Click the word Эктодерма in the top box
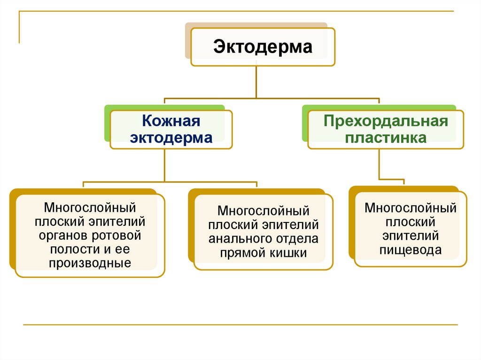pos(263,47)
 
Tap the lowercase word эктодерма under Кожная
pos(171,138)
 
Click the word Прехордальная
pos(385,122)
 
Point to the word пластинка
pos(386,138)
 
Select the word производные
pos(90,263)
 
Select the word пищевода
pos(411,250)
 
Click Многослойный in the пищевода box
pos(411,207)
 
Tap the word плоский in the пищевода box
pos(411,222)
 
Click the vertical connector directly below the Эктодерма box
pos(256,82)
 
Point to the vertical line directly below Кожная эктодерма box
pos(164,164)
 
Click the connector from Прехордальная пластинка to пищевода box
pos(379,164)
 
